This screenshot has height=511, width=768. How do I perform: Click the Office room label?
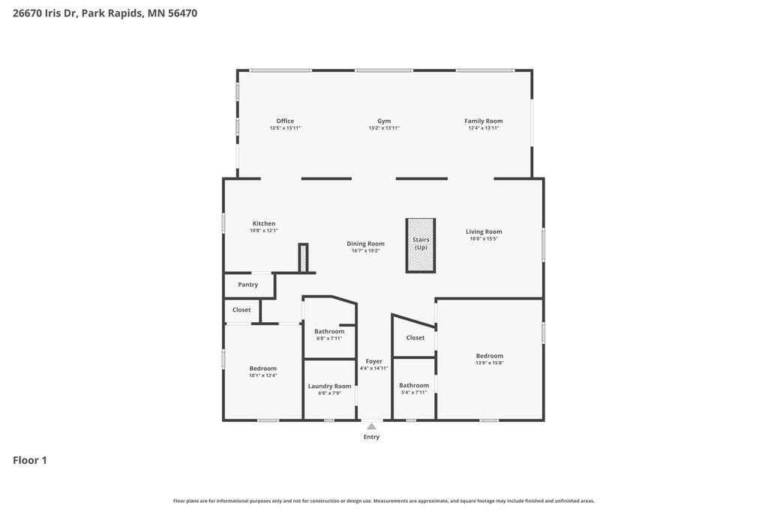coord(285,121)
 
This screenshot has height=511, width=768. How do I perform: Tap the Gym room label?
coord(384,121)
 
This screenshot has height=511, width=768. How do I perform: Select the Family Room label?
coord(484,121)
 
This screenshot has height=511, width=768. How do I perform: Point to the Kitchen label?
coord(264,223)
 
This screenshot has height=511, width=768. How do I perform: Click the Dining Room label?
coord(365,244)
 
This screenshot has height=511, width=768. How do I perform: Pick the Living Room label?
coord(484,232)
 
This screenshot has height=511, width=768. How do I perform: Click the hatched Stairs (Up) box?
coord(421,245)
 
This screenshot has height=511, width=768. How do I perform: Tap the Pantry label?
coord(247,285)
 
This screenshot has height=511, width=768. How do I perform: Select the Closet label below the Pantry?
coord(241,310)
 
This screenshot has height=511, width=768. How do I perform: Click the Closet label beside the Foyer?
coord(415,338)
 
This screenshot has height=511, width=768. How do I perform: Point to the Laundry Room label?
coord(330,386)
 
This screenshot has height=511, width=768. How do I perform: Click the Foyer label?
coord(373,361)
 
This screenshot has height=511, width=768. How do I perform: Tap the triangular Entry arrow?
coord(372,426)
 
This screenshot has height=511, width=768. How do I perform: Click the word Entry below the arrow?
coord(371,437)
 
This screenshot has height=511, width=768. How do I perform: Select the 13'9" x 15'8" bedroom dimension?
coord(489,363)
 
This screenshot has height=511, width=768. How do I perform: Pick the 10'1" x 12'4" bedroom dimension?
coord(263,375)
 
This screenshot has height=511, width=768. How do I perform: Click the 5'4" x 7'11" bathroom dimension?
coord(414,392)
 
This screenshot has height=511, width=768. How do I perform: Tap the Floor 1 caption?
coord(30,460)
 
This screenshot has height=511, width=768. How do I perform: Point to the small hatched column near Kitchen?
coord(303,258)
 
